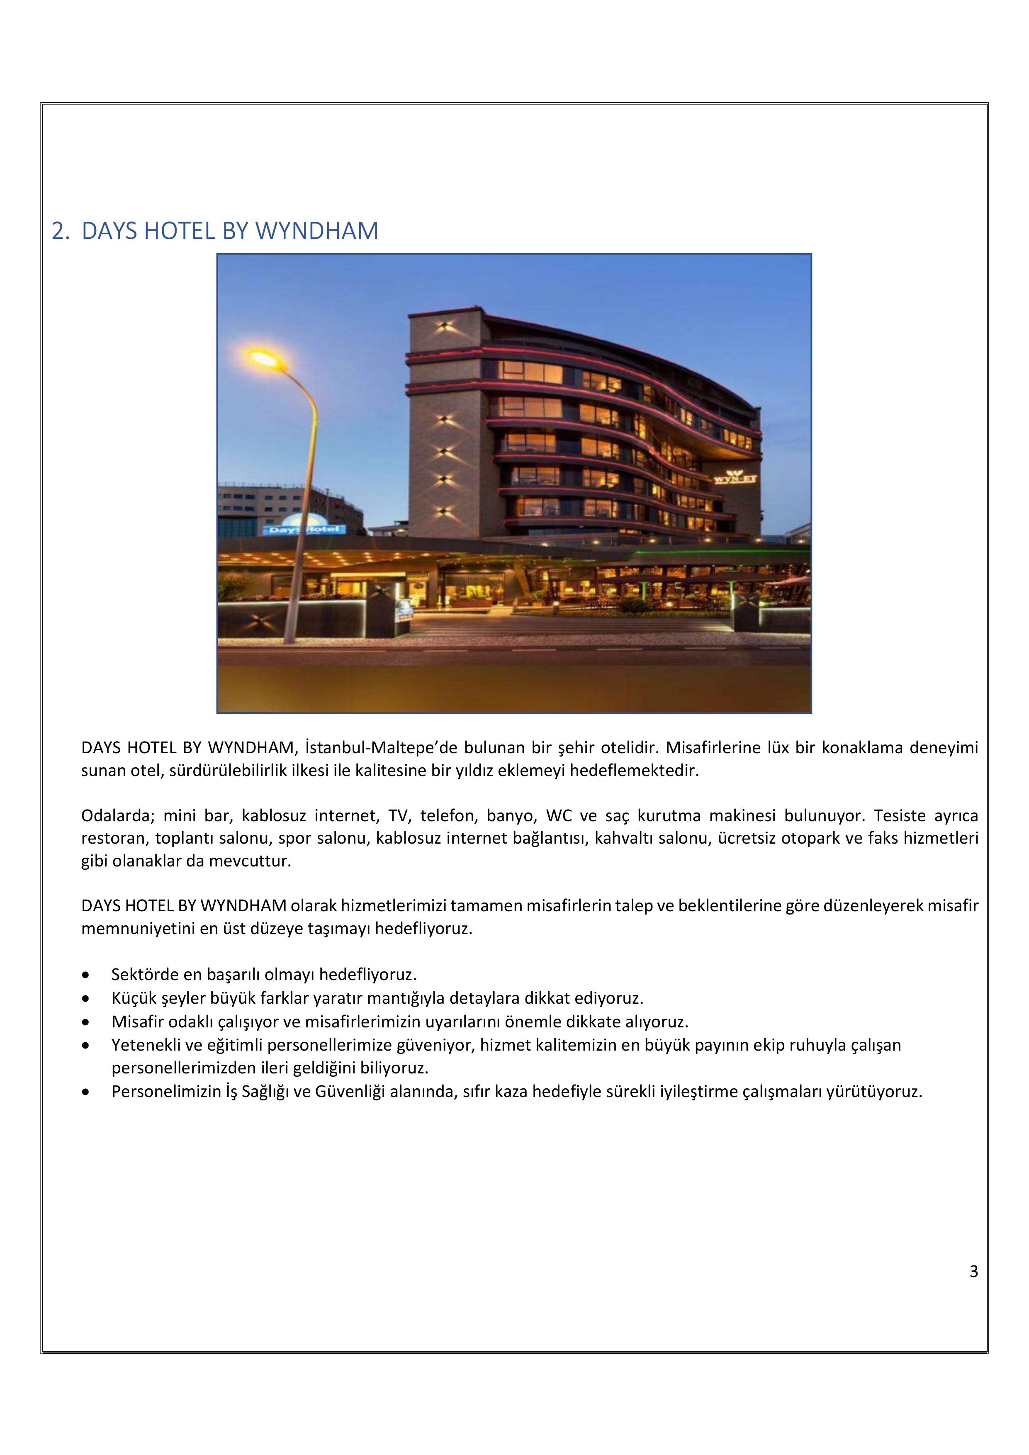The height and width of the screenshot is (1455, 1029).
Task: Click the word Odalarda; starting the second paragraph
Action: (x=119, y=815)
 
